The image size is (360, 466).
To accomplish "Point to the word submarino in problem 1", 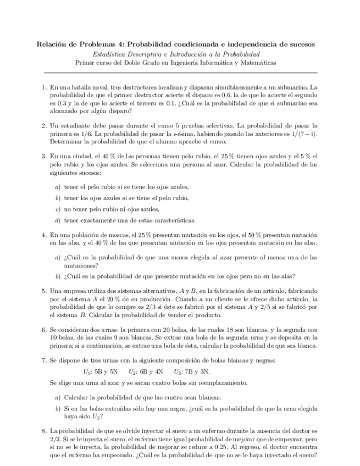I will click(x=295, y=87).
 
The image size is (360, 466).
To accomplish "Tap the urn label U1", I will click(x=87, y=371).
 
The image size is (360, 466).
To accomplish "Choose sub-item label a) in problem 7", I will click(x=58, y=397).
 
